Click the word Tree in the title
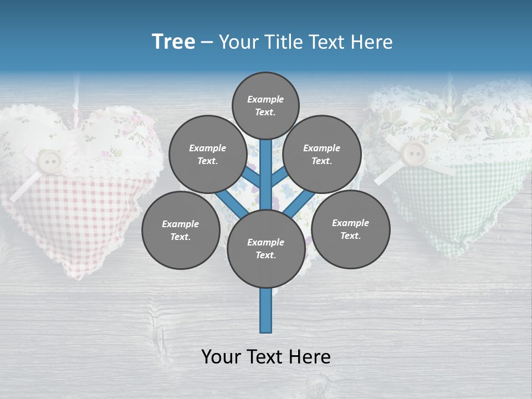point(173,42)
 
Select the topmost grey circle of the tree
point(265,105)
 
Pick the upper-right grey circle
point(322,155)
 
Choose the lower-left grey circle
point(181,230)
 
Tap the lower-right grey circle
point(350,229)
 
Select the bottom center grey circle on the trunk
point(265,248)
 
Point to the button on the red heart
point(50,161)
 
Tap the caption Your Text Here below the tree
point(265,357)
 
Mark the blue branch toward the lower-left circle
point(230,204)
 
